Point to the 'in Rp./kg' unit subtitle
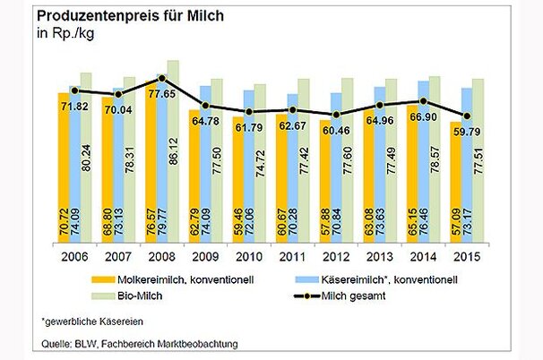coord(65,35)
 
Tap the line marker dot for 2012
coord(334,115)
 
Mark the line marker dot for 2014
coord(421,101)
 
